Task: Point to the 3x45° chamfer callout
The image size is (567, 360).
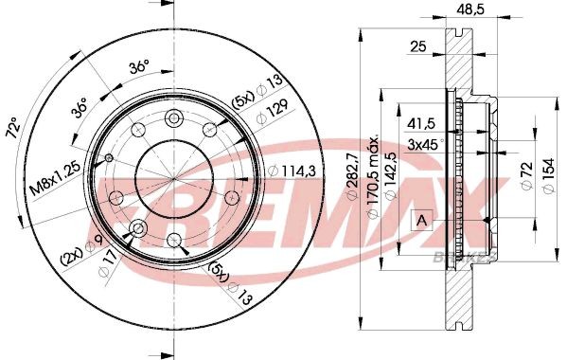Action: (425, 144)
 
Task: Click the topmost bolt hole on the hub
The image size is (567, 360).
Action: (174, 117)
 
